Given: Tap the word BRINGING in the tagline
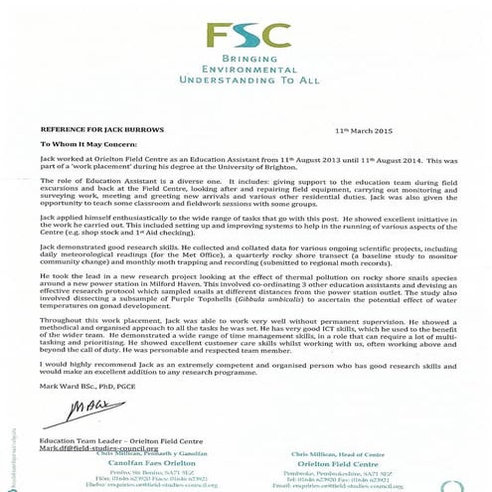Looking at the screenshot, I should (246, 62).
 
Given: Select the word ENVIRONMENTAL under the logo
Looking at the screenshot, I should (246, 73).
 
